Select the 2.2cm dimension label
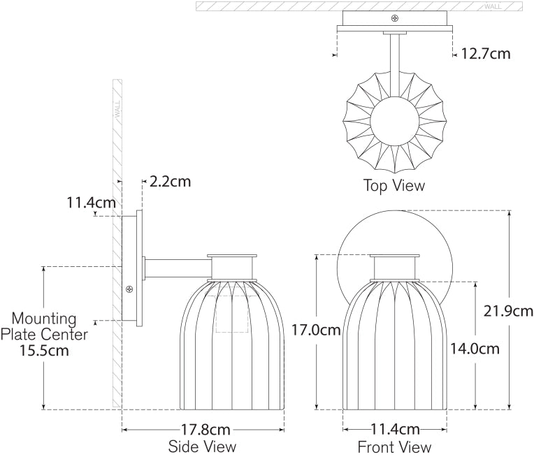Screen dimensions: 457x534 (x=170, y=182)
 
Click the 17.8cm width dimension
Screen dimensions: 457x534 (x=203, y=429)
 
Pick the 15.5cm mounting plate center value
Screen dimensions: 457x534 (x=45, y=351)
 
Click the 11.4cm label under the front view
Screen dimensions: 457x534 (x=395, y=429)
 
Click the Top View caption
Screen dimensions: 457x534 (x=394, y=186)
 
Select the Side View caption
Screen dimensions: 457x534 (x=203, y=447)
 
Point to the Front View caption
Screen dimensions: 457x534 (x=394, y=447)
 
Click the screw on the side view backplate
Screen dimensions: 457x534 (x=129, y=289)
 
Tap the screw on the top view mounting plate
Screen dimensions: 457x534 (x=396, y=19)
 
